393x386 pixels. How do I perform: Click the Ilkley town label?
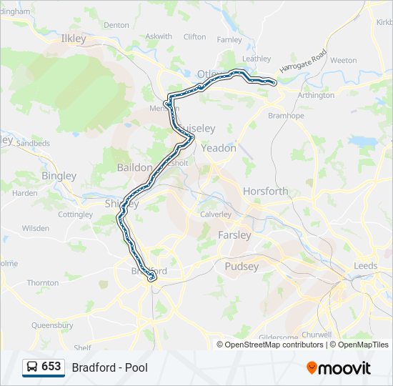click(x=74, y=39)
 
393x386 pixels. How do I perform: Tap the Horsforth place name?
click(x=265, y=191)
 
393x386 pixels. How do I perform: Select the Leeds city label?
click(x=366, y=266)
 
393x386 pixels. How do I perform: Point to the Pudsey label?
click(x=242, y=267)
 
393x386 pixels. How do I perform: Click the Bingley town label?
click(x=59, y=176)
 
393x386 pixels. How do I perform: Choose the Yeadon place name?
click(x=219, y=149)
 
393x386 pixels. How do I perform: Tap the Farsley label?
click(x=234, y=235)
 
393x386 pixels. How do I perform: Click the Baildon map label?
click(x=134, y=167)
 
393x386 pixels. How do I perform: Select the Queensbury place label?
click(x=52, y=325)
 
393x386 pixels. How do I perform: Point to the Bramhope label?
click(x=285, y=115)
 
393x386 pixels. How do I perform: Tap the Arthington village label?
click(x=315, y=95)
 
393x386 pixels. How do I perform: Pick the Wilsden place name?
click(x=36, y=229)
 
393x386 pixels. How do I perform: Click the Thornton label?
click(x=43, y=283)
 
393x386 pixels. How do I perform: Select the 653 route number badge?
click(x=51, y=367)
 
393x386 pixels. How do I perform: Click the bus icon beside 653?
click(x=32, y=367)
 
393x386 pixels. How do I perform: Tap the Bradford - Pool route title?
click(x=109, y=367)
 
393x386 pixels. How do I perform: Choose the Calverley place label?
click(x=216, y=214)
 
